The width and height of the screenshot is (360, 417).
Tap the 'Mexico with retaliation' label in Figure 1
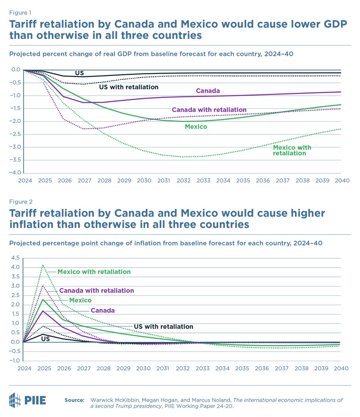(x=292, y=150)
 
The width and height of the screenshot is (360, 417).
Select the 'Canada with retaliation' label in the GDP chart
(x=209, y=110)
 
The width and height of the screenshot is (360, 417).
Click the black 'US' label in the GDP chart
(x=79, y=73)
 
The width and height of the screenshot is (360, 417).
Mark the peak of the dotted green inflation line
(x=43, y=265)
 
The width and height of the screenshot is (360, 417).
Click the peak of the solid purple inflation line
(x=43, y=311)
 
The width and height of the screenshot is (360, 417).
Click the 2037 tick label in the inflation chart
(x=283, y=368)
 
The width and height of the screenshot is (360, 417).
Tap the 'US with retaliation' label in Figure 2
(x=163, y=327)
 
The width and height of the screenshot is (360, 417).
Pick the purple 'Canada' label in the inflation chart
(x=103, y=310)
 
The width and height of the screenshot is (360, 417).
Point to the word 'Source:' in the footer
(x=74, y=400)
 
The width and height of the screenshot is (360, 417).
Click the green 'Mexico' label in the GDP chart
(x=196, y=127)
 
